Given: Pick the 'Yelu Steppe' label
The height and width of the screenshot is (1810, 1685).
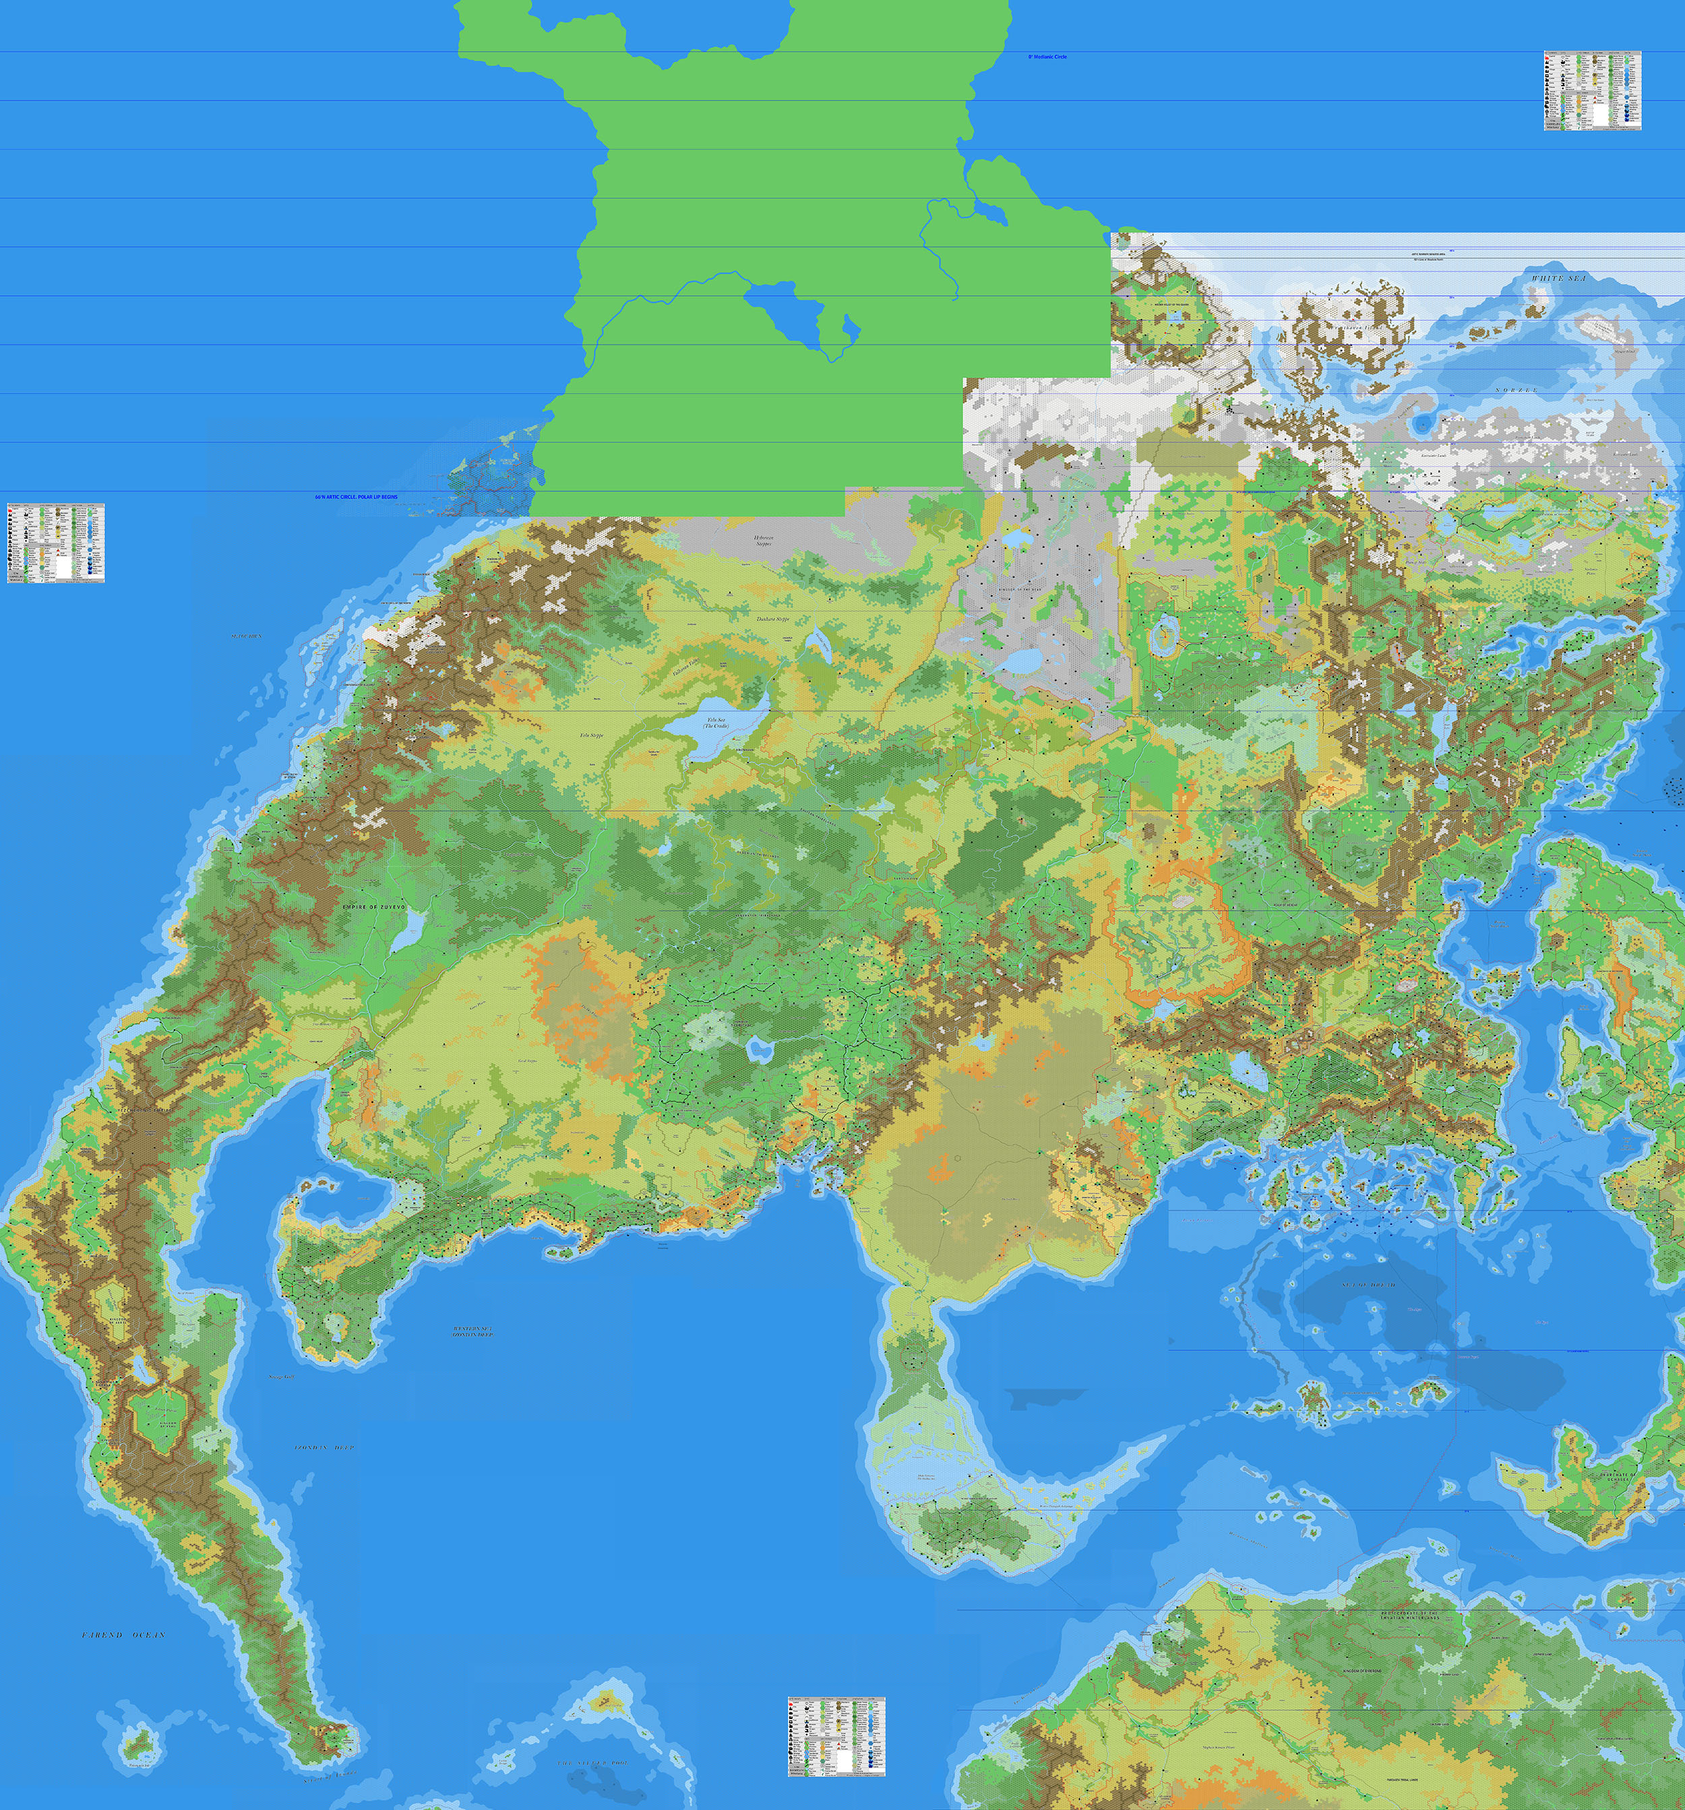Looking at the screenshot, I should [x=592, y=735].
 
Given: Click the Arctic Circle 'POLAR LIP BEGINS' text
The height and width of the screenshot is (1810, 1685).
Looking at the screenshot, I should [x=356, y=497].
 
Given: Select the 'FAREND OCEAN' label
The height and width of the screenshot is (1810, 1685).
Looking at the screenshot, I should [x=124, y=1636].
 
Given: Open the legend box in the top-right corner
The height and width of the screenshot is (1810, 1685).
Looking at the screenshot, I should [x=1591, y=90].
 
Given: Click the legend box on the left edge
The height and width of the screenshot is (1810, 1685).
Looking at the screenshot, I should [x=55, y=543].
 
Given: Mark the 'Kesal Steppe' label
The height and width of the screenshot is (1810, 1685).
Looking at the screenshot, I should [x=528, y=1060].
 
